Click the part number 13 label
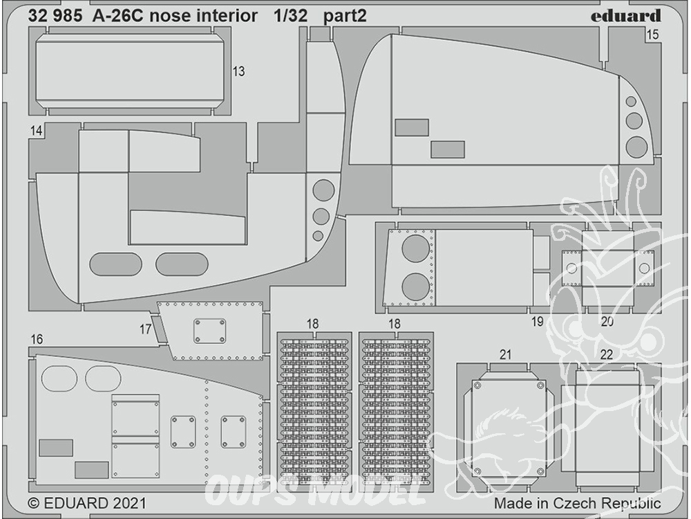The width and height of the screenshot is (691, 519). [x=238, y=71]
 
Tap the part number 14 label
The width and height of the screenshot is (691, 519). [x=36, y=131]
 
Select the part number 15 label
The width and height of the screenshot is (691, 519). [x=652, y=35]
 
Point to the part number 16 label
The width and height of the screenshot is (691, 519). [x=37, y=339]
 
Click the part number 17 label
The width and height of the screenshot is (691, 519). [x=145, y=329]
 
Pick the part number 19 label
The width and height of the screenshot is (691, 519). [x=537, y=322]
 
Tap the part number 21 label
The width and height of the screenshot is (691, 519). [x=506, y=354]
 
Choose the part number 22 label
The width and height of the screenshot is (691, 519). [x=607, y=354]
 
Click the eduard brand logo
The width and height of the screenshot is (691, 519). [x=626, y=16]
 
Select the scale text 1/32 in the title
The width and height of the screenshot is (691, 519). [x=290, y=16]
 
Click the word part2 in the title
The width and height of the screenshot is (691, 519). [x=345, y=17]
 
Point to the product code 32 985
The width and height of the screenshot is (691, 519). [x=55, y=16]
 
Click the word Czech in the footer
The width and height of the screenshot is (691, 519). [x=575, y=503]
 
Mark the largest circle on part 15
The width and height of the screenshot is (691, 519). [x=637, y=147]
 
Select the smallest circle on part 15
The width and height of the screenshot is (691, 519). [x=631, y=102]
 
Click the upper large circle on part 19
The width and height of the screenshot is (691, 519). [x=415, y=248]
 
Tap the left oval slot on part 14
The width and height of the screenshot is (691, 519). [x=115, y=264]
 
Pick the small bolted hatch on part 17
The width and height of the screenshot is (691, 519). [x=210, y=331]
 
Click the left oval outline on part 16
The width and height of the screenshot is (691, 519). [x=59, y=379]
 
